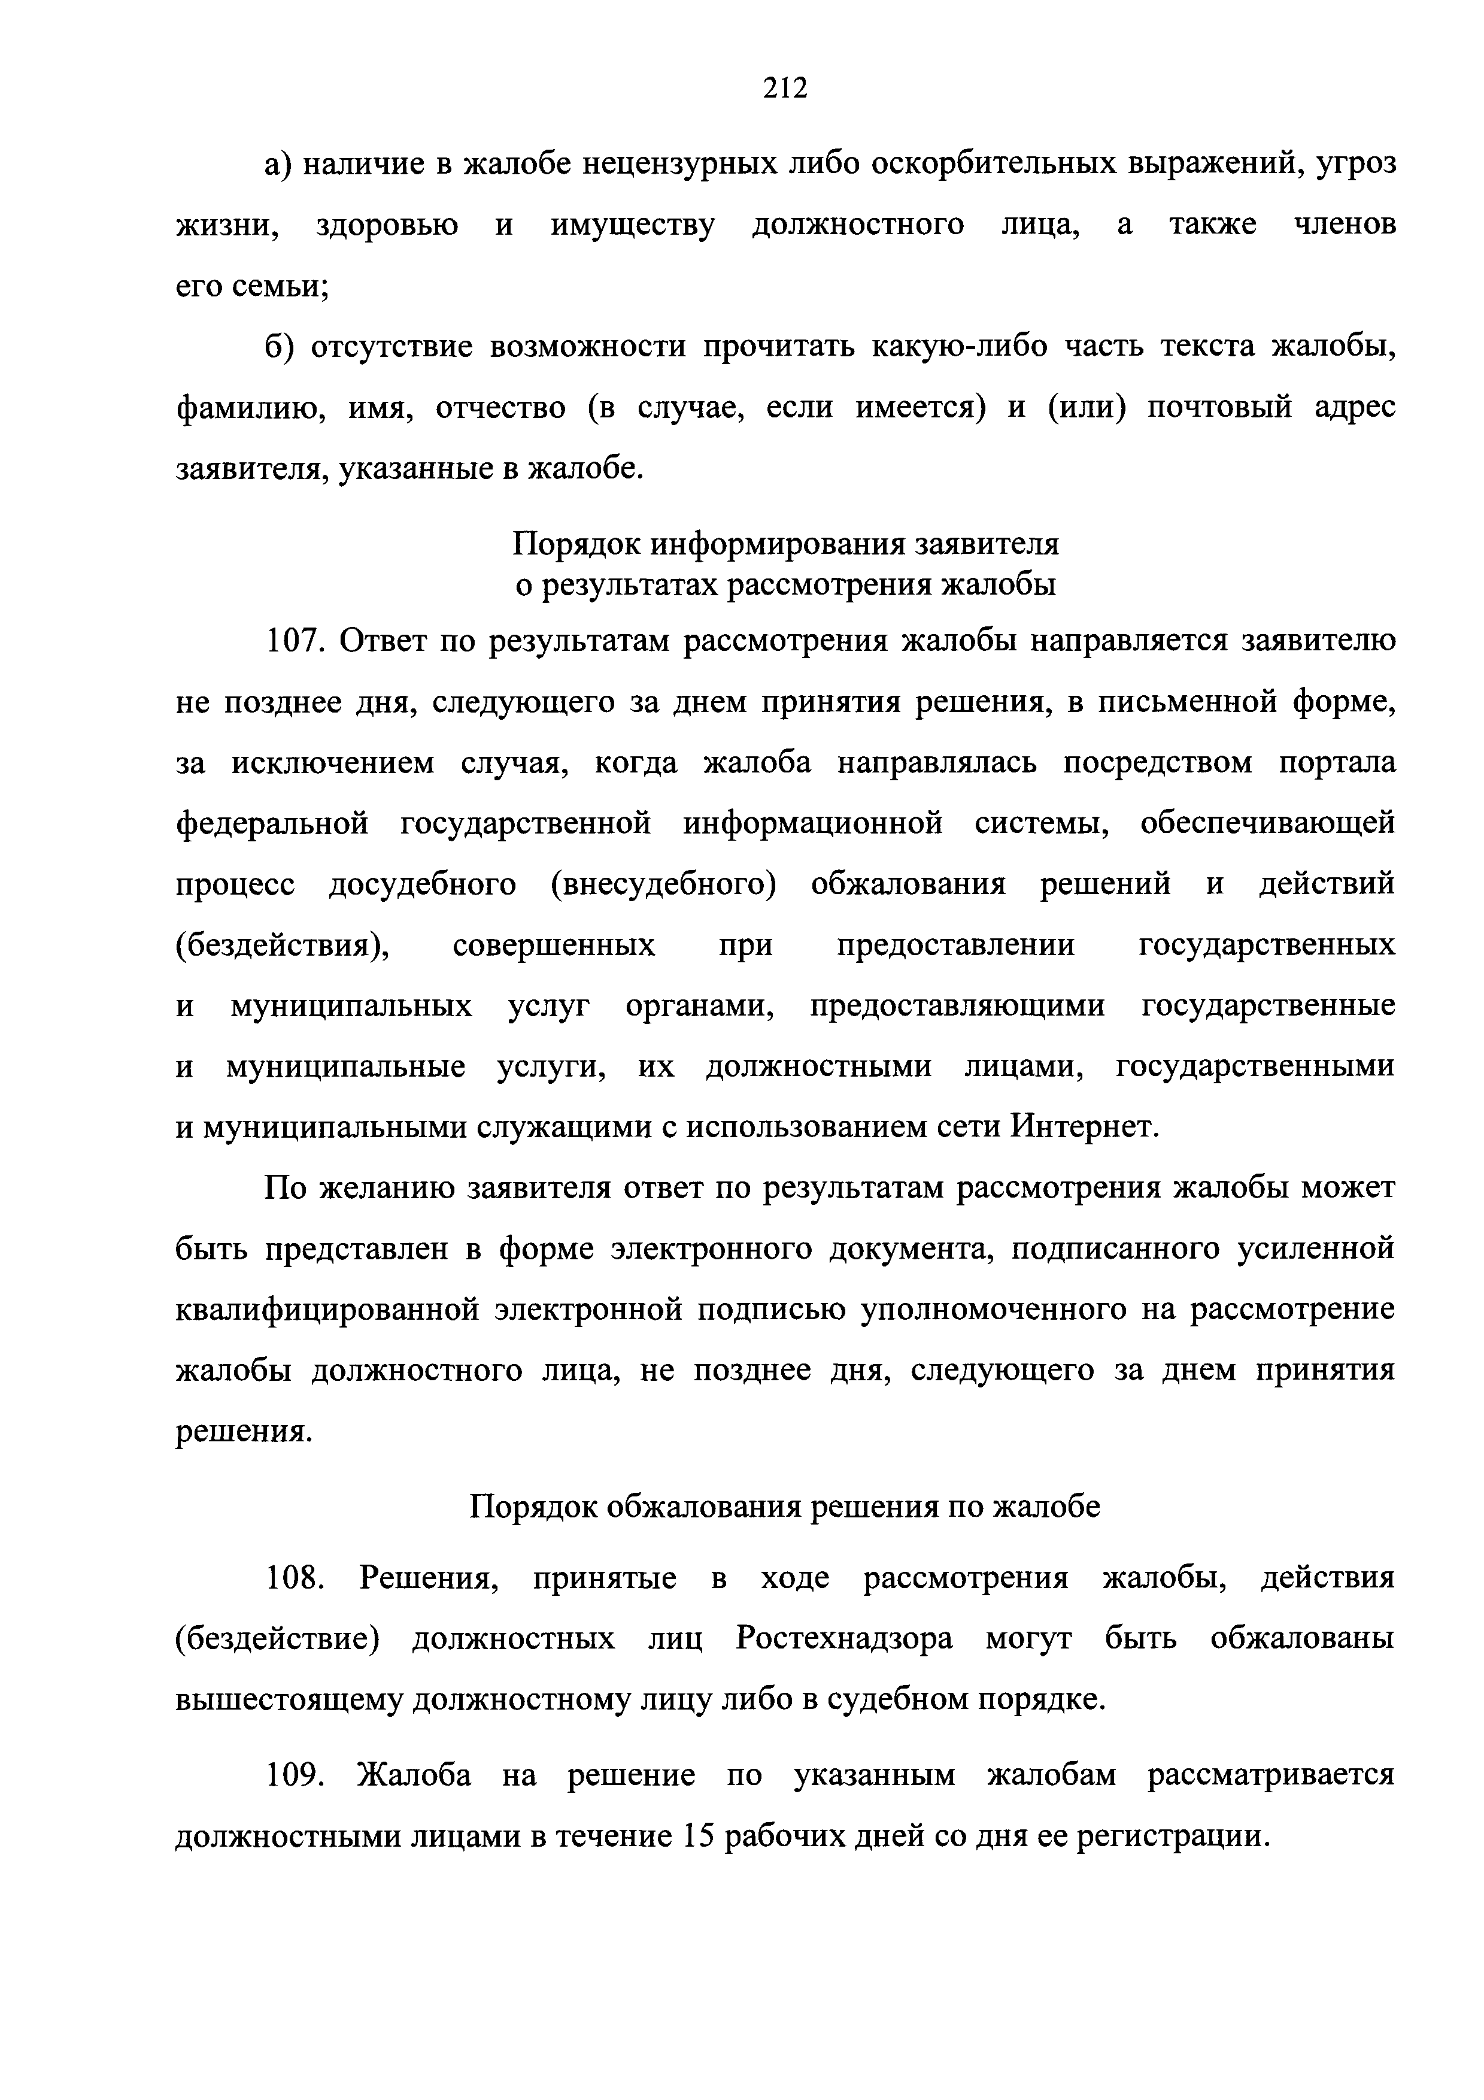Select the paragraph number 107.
pyautogui.click(x=295, y=641)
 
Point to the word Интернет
pyautogui.click(x=1085, y=1128)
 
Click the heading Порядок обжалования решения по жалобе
pyautogui.click(x=785, y=1507)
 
